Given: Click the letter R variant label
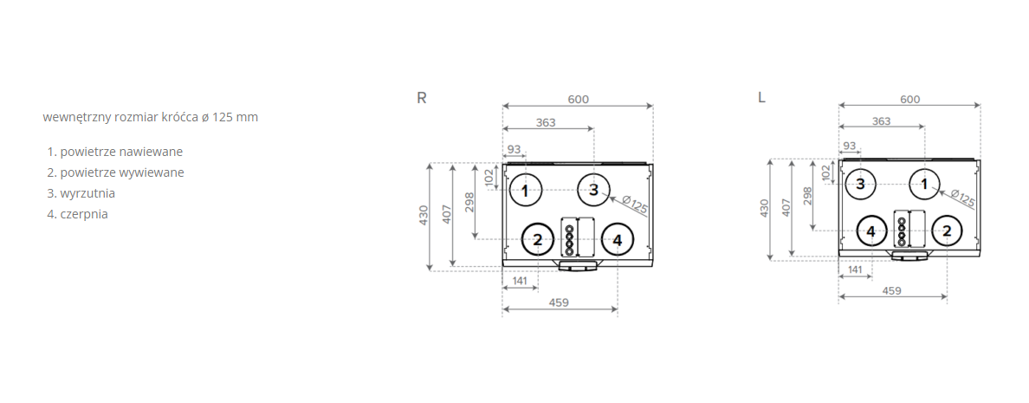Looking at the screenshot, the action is [421, 98].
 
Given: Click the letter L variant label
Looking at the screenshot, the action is [761, 98].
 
